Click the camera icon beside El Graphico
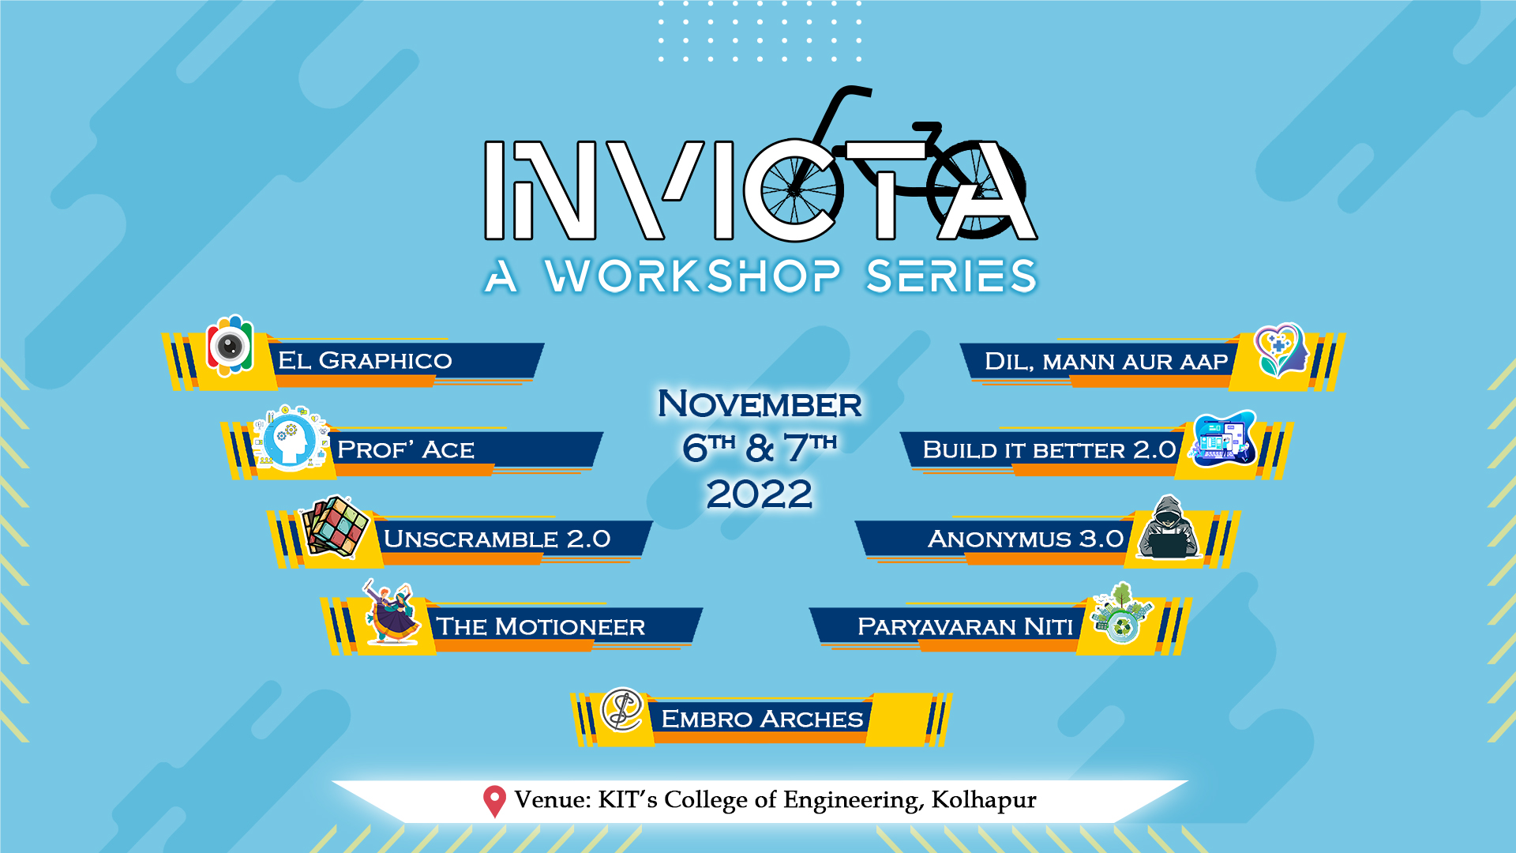[x=230, y=346]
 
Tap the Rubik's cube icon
[x=336, y=527]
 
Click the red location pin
[x=494, y=802]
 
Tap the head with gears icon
[x=290, y=439]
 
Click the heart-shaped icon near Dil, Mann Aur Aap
[x=1280, y=350]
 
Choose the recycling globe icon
[x=1120, y=614]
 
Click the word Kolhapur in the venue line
[x=984, y=800]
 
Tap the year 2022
[x=760, y=494]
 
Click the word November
[x=760, y=404]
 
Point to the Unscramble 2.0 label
[x=497, y=539]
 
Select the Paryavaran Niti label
[x=965, y=626]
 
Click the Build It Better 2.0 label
[x=1049, y=449]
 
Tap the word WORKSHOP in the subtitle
[x=692, y=276]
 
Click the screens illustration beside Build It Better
[x=1222, y=438]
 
